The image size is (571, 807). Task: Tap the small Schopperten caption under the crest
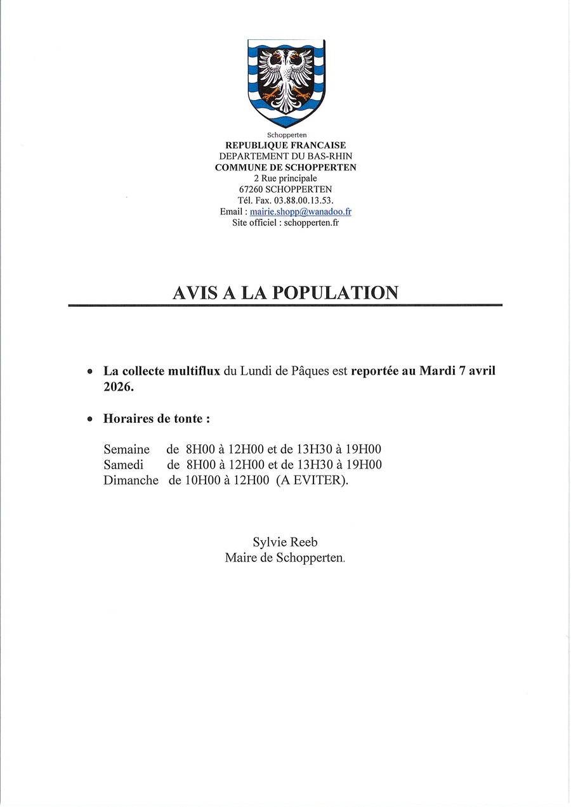point(287,135)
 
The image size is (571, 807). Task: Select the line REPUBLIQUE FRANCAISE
point(285,146)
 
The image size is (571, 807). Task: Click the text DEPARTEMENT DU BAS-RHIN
point(285,157)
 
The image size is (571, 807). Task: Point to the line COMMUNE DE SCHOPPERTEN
point(285,167)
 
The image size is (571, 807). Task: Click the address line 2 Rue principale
point(285,179)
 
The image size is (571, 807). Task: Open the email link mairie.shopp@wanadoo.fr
point(300,212)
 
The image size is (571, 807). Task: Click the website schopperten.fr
point(312,223)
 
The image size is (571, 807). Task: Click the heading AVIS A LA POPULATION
point(285,293)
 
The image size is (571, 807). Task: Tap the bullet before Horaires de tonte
point(90,420)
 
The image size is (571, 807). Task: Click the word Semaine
point(127,449)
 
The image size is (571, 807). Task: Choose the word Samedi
point(124,465)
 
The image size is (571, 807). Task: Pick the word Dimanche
point(131,481)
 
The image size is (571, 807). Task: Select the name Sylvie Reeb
point(285,542)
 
